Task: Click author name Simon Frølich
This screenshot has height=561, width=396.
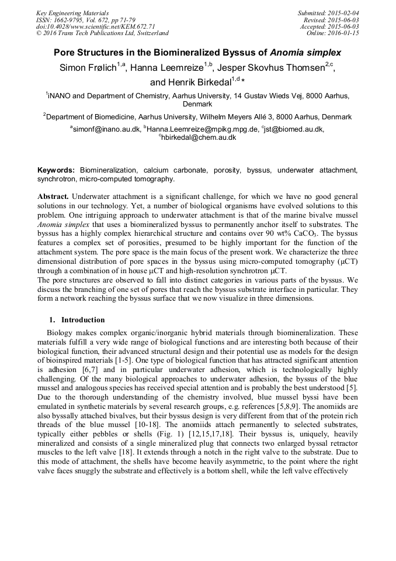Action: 88,68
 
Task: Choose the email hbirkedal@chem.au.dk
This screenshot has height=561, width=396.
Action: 199,137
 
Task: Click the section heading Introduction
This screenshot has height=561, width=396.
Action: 83,320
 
